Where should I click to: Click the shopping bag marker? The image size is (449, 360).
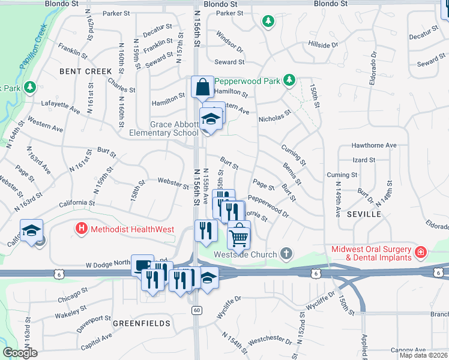click(x=203, y=87)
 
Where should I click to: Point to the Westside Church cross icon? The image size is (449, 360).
click(x=286, y=253)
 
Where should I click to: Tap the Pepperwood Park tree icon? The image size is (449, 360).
click(x=289, y=80)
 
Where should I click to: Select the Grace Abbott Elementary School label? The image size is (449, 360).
click(x=166, y=128)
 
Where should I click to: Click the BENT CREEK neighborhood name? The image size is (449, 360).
click(x=86, y=71)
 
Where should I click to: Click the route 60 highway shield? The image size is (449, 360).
click(x=196, y=310)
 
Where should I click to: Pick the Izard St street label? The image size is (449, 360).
click(x=364, y=160)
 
